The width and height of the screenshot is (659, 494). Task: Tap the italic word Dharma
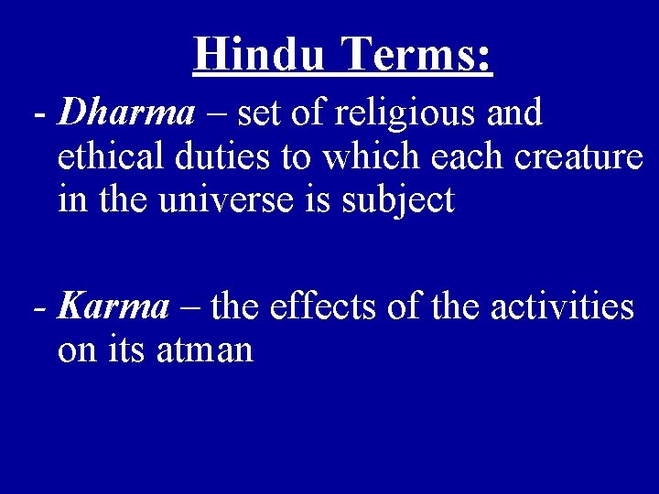click(x=126, y=114)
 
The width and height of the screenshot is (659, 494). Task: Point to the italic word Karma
click(x=113, y=307)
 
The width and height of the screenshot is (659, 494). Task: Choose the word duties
click(x=220, y=157)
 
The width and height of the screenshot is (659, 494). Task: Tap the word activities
click(x=562, y=307)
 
